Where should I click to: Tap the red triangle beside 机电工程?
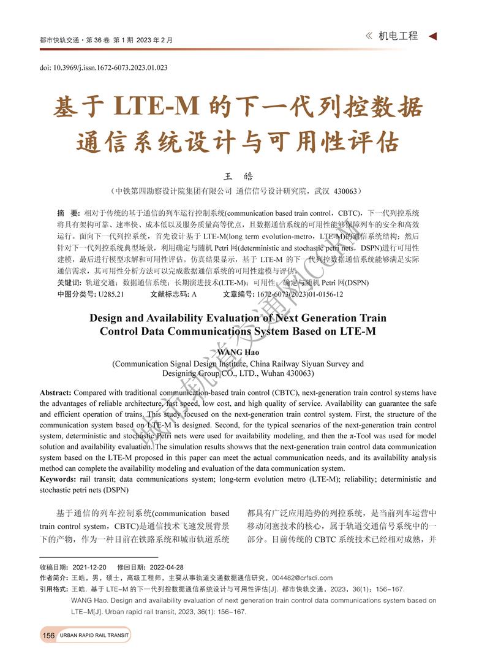(432, 36)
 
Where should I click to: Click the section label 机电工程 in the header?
(398, 36)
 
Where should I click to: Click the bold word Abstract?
(56, 392)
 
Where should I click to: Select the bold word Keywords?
(59, 479)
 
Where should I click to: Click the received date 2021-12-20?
(89, 567)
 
